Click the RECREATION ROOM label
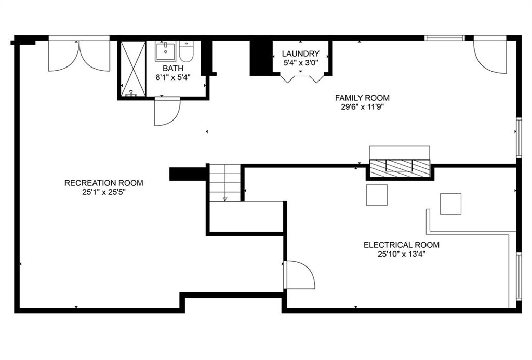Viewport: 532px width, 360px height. [104, 183]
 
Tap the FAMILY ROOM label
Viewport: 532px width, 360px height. [362, 98]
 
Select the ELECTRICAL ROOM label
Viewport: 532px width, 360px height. [402, 245]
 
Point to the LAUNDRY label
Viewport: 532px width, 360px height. [301, 54]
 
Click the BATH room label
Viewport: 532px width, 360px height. [173, 68]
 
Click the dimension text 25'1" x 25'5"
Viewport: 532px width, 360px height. [104, 192]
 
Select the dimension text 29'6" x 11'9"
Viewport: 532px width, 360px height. [362, 107]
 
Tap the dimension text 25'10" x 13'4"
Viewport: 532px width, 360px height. [402, 255]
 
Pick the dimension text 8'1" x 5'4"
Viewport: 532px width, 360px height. [173, 77]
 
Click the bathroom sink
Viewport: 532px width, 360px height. [166, 51]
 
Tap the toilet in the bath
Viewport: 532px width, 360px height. [186, 51]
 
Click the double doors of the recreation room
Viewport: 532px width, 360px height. [79, 55]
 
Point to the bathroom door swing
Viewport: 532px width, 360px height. [167, 112]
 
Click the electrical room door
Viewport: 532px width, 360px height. [300, 275]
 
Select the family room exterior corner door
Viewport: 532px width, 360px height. [490, 56]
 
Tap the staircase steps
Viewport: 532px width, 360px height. [224, 182]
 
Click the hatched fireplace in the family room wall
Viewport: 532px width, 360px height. [400, 168]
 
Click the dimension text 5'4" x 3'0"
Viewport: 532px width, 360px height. [301, 63]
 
